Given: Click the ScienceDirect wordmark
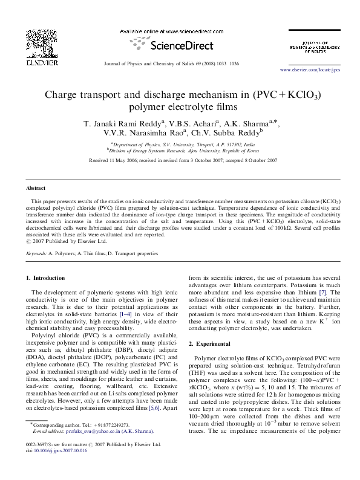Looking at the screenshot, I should (179, 45).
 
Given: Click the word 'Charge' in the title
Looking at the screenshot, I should (63, 96).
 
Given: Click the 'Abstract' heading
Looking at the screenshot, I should (35, 189).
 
